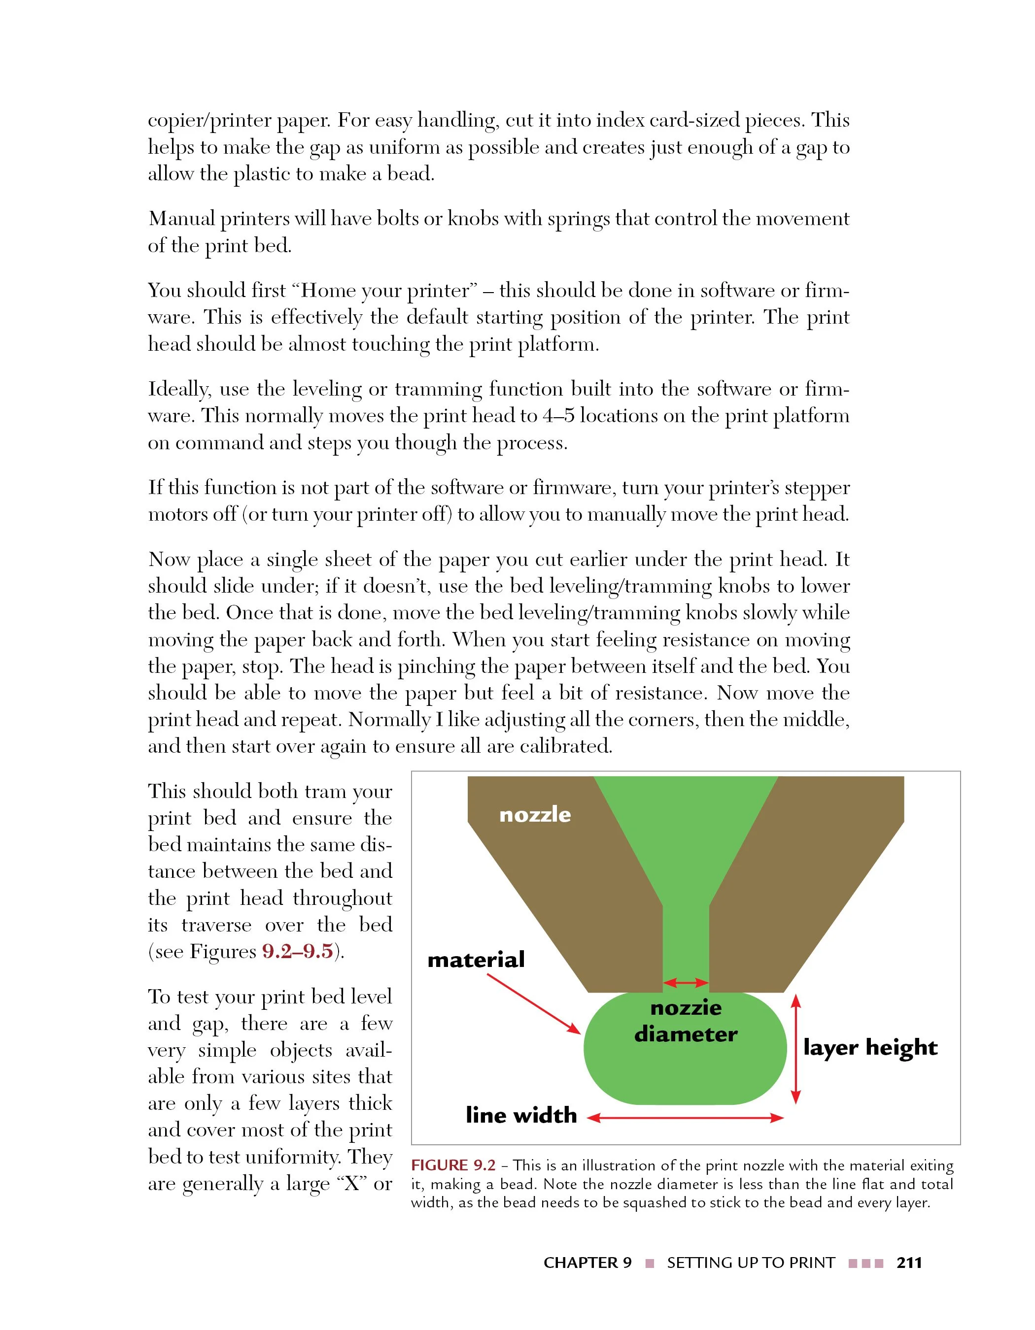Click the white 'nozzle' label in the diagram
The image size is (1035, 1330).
(535, 815)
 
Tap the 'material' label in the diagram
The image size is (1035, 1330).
(476, 960)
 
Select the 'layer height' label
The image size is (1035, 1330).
(870, 1047)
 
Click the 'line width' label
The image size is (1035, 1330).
(521, 1115)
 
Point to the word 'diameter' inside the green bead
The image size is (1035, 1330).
(686, 1034)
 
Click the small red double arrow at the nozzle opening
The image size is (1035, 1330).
(686, 982)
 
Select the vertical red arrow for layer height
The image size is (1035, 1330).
(795, 1049)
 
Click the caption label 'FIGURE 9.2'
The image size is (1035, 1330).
(453, 1165)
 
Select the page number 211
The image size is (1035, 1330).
(909, 1263)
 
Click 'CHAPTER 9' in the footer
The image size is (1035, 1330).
(587, 1263)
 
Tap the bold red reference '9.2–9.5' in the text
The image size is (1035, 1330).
(297, 951)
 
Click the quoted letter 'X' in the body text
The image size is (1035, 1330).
(351, 1184)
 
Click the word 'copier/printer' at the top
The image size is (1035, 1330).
(209, 121)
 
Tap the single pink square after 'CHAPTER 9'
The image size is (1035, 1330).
(650, 1263)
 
